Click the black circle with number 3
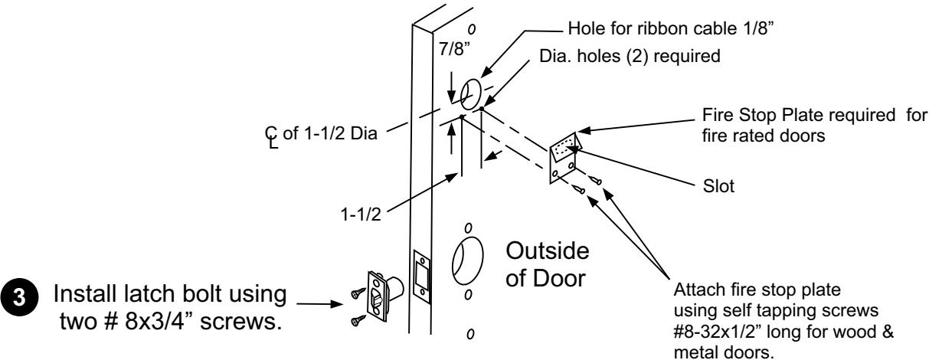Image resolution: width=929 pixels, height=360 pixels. click(19, 297)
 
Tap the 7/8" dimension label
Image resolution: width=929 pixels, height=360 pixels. click(455, 49)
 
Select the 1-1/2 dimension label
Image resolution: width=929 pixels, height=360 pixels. click(361, 214)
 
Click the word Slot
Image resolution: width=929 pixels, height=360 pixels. click(718, 186)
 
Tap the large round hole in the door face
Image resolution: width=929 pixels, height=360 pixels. click(467, 261)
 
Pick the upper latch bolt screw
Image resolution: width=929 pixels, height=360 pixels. click(358, 293)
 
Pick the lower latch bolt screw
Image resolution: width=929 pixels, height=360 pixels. click(358, 320)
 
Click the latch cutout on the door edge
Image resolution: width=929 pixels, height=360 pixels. click(422, 277)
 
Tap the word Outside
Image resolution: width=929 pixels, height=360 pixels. click(548, 251)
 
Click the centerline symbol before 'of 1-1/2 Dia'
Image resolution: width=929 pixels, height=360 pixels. click(271, 137)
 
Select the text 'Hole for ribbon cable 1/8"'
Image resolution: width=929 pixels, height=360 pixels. click(671, 28)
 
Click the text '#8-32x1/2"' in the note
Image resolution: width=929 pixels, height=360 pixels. click(718, 332)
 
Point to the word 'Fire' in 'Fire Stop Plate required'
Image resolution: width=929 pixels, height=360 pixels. click(716, 115)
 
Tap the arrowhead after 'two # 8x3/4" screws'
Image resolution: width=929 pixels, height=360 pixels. click(336, 303)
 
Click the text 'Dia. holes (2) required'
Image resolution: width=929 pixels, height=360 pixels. click(630, 56)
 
